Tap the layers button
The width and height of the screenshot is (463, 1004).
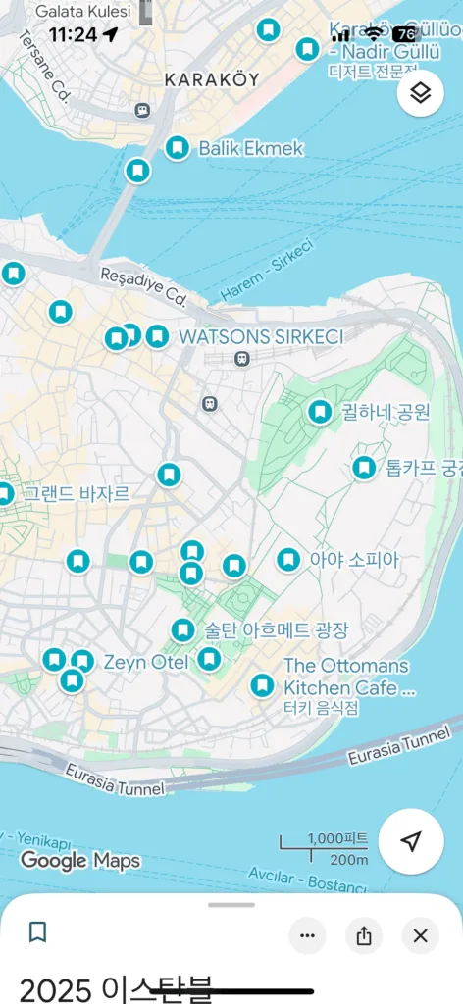(421, 93)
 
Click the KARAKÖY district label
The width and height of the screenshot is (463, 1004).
(212, 79)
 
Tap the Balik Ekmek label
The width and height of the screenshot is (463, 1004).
(251, 149)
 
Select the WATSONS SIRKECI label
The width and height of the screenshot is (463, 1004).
(261, 337)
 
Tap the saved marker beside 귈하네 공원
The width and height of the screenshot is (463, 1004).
(319, 413)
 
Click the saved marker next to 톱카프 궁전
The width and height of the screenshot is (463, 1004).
(364, 468)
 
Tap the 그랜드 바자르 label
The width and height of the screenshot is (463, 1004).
(77, 493)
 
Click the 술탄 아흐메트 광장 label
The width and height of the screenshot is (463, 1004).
(276, 629)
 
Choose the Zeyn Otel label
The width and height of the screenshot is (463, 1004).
(146, 663)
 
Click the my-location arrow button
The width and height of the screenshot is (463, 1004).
(411, 841)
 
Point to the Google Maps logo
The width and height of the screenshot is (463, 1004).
(79, 861)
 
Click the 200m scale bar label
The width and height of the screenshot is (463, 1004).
(348, 860)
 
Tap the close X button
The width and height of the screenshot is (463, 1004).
(421, 935)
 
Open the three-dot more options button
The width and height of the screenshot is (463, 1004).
(307, 935)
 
